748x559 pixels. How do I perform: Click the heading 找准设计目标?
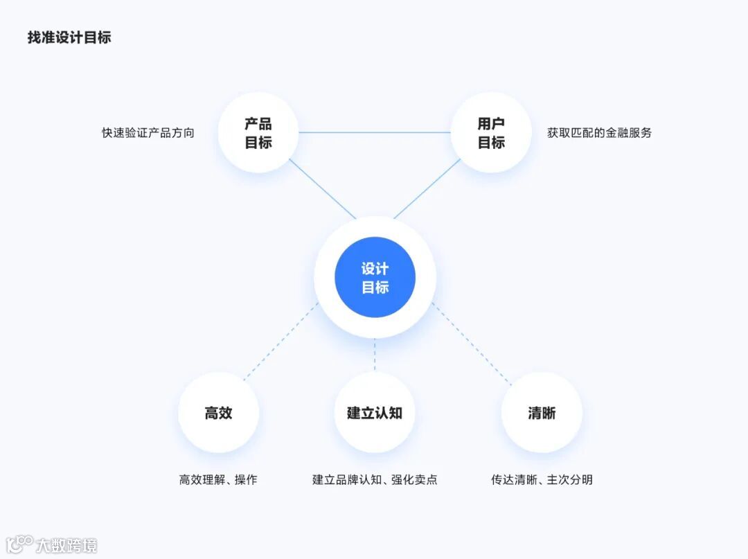pyautogui.click(x=69, y=37)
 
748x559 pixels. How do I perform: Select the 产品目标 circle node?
pyautogui.click(x=258, y=133)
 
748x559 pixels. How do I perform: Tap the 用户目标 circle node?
pyautogui.click(x=491, y=133)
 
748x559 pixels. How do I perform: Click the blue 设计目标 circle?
pyautogui.click(x=375, y=278)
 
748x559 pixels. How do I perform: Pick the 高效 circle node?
pyautogui.click(x=218, y=413)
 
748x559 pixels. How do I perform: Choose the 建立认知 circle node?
pyautogui.click(x=375, y=413)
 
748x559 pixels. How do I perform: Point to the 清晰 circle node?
pyautogui.click(x=542, y=413)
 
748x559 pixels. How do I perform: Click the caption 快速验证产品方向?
pyautogui.click(x=148, y=133)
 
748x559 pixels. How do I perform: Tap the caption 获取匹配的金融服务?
pyautogui.click(x=600, y=133)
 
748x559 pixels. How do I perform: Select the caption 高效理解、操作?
pyautogui.click(x=218, y=479)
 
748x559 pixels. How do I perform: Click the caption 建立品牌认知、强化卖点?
pyautogui.click(x=375, y=479)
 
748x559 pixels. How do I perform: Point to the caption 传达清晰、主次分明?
pyautogui.click(x=542, y=479)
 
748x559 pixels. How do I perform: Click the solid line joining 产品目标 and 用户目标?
pyautogui.click(x=375, y=132)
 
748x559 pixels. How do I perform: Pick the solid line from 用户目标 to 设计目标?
pyautogui.click(x=427, y=188)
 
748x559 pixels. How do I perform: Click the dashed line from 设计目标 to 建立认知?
pyautogui.click(x=375, y=355)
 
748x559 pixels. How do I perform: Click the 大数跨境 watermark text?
pyautogui.click(x=66, y=545)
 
